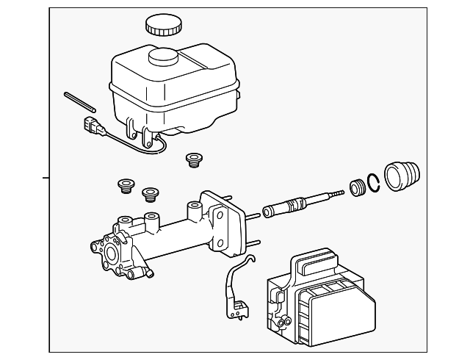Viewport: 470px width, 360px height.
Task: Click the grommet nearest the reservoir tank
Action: [x=194, y=159]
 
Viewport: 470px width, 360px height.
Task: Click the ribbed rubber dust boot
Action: [x=402, y=177]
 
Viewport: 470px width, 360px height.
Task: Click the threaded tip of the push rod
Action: [x=336, y=192]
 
